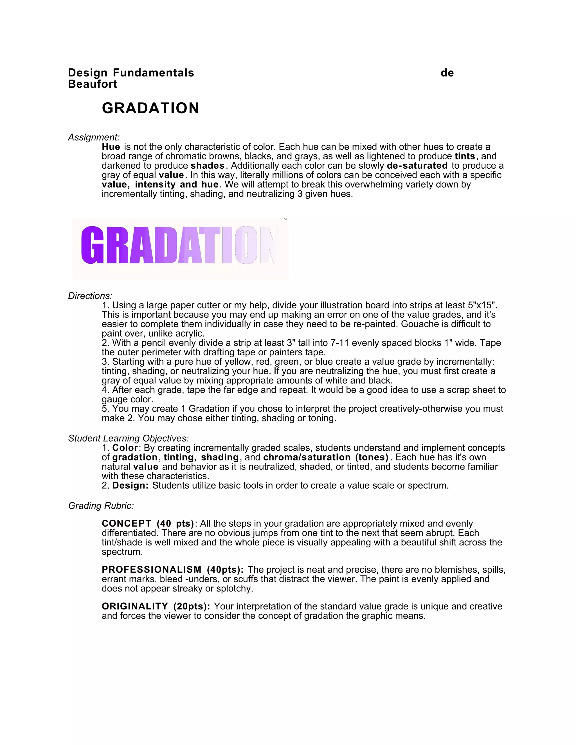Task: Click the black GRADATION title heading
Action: point(150,108)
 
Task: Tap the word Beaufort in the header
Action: point(93,84)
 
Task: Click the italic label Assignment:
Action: point(94,137)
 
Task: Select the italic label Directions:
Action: point(90,296)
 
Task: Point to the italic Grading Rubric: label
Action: point(101,505)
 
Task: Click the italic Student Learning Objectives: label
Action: point(128,438)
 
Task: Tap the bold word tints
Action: point(465,156)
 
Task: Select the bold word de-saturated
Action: point(417,166)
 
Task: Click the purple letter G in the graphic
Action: point(92,245)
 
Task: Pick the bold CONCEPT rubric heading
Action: point(126,524)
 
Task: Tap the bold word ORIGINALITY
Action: point(135,606)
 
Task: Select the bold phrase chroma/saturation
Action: point(307,457)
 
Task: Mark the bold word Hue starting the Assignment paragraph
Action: point(111,147)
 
